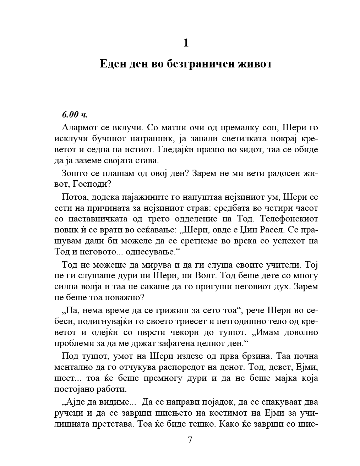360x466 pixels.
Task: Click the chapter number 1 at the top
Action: [x=186, y=43]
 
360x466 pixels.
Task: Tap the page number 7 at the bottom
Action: [x=190, y=440]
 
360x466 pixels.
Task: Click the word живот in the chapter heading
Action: [x=256, y=64]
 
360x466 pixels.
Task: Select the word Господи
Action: [x=90, y=184]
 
